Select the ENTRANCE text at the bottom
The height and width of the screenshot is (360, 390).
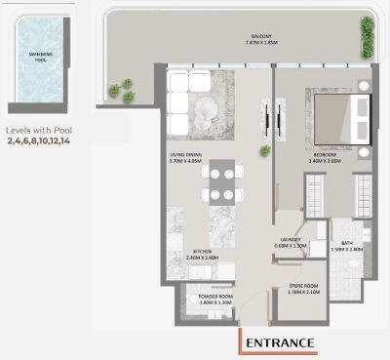279,342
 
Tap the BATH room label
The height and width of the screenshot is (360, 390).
346,244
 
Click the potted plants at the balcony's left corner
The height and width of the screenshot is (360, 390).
122,92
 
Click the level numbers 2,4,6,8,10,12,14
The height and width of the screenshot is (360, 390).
39,141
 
